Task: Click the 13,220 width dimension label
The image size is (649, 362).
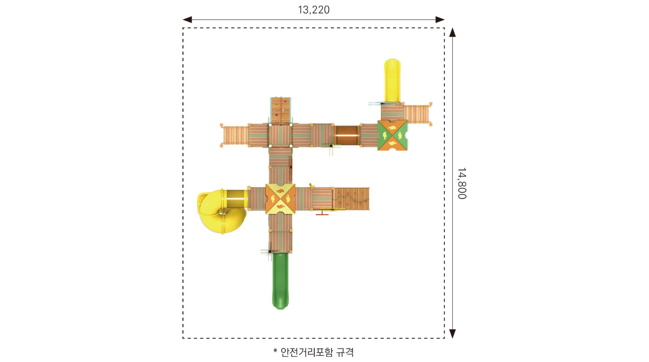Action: [314, 10]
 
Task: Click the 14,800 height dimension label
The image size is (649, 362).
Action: [462, 183]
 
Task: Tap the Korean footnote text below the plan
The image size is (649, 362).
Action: [314, 352]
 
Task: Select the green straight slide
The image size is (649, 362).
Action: [280, 281]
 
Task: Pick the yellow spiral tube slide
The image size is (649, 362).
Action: [222, 210]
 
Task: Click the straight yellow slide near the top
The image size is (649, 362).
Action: [392, 80]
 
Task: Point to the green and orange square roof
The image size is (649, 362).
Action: [392, 135]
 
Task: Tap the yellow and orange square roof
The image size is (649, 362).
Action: [280, 199]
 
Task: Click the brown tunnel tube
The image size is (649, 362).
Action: [347, 135]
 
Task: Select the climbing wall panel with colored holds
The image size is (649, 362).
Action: [281, 110]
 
